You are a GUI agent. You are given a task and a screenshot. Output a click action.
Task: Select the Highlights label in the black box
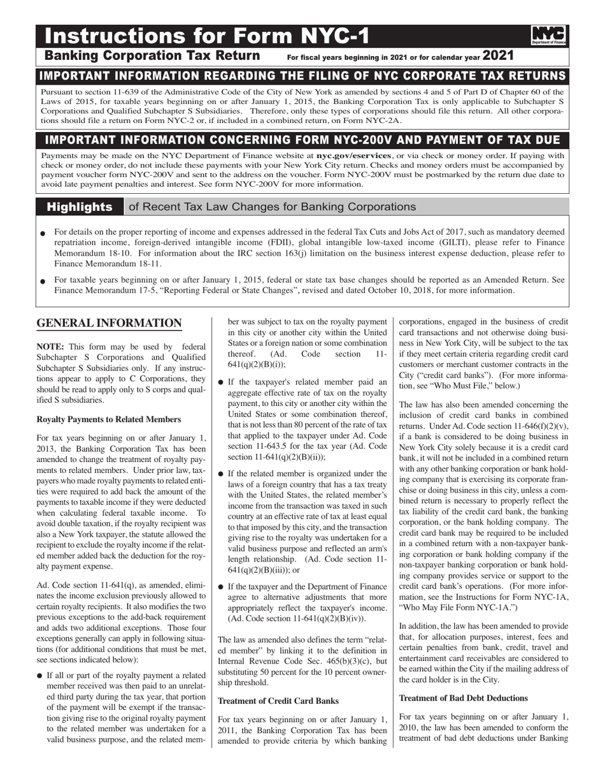click(x=80, y=207)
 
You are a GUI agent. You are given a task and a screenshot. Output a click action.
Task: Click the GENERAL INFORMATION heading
click(x=109, y=323)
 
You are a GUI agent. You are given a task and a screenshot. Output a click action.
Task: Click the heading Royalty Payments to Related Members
click(x=109, y=419)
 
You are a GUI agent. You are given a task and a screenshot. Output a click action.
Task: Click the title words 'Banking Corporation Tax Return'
click(x=152, y=56)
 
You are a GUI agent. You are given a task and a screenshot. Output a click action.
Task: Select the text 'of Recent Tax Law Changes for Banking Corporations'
click(x=272, y=207)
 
